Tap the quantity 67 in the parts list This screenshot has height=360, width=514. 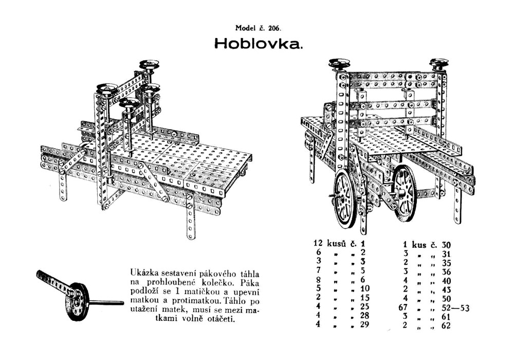408,308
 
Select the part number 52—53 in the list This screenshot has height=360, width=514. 453,308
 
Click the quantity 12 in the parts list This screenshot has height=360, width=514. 318,243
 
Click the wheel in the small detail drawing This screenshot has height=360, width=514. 79,301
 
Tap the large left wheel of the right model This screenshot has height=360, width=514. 346,198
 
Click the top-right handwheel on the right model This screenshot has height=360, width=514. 439,63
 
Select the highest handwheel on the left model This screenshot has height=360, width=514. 149,65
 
